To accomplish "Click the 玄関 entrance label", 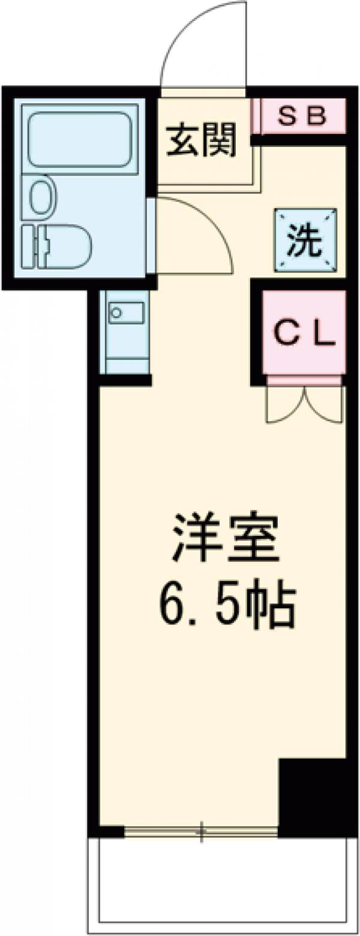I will (201, 141).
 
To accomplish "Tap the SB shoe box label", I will (303, 116).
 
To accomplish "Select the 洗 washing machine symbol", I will (305, 241).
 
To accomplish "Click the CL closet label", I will (304, 334).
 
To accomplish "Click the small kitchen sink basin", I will (126, 312).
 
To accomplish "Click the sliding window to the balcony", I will (201, 832).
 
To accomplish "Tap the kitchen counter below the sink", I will (126, 351).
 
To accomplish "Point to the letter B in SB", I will (316, 116).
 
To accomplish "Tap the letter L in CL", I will (325, 334).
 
